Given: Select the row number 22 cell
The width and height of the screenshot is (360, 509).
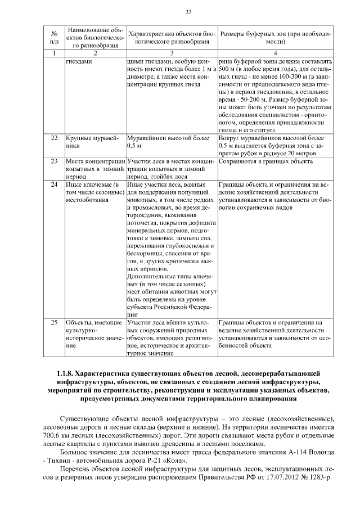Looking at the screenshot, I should pos(54,137).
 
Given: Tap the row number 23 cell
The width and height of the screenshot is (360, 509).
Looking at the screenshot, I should pos(54,161).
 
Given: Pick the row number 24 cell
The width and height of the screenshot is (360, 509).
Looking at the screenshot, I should pos(54,184).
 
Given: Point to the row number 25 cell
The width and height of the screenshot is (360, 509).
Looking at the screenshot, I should pos(54,323).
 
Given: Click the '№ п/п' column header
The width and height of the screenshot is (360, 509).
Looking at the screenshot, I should pos(54,38).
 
